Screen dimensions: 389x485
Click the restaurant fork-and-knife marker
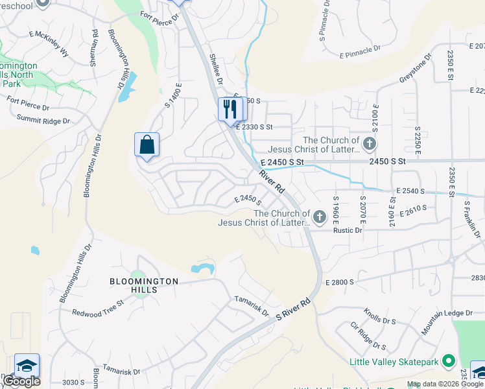pos(229,109)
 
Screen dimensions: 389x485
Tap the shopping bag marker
pos(147,145)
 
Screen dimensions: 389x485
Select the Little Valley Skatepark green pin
pos(447,361)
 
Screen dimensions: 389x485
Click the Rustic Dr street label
pos(348,230)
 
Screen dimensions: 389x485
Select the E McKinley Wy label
pos(49,41)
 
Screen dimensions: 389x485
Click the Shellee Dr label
pos(215,70)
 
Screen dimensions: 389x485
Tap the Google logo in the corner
pos(21,381)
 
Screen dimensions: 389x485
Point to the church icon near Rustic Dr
pos(319,217)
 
